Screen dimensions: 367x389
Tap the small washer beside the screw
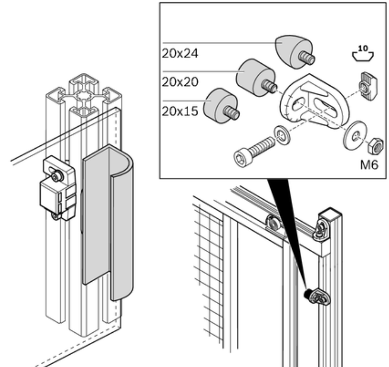pyautogui.click(x=282, y=135)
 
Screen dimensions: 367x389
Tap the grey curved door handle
pyautogui.click(x=108, y=223)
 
